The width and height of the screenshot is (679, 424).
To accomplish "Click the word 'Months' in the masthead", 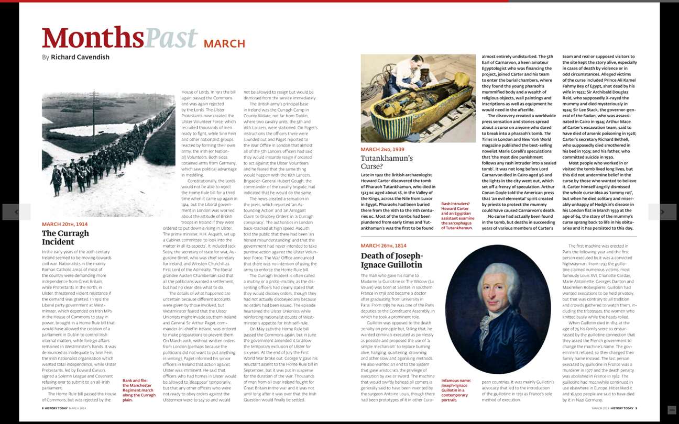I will pos(93,38).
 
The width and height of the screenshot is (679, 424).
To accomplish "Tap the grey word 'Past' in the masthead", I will pos(171,38).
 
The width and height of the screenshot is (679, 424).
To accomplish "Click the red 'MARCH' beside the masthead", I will pos(224,44).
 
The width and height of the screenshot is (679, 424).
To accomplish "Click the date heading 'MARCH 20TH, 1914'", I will pos(65,224).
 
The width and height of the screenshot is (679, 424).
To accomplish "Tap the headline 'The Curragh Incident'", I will pos(65,237).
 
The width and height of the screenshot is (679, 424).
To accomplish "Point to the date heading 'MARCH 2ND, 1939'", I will pos(382,150).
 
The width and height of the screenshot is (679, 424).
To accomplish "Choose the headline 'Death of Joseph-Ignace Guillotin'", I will pos(391,260).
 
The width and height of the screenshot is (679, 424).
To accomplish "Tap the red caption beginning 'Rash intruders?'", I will pos(457,216).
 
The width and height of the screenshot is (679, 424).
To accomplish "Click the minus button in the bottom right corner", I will pos(671,410).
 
